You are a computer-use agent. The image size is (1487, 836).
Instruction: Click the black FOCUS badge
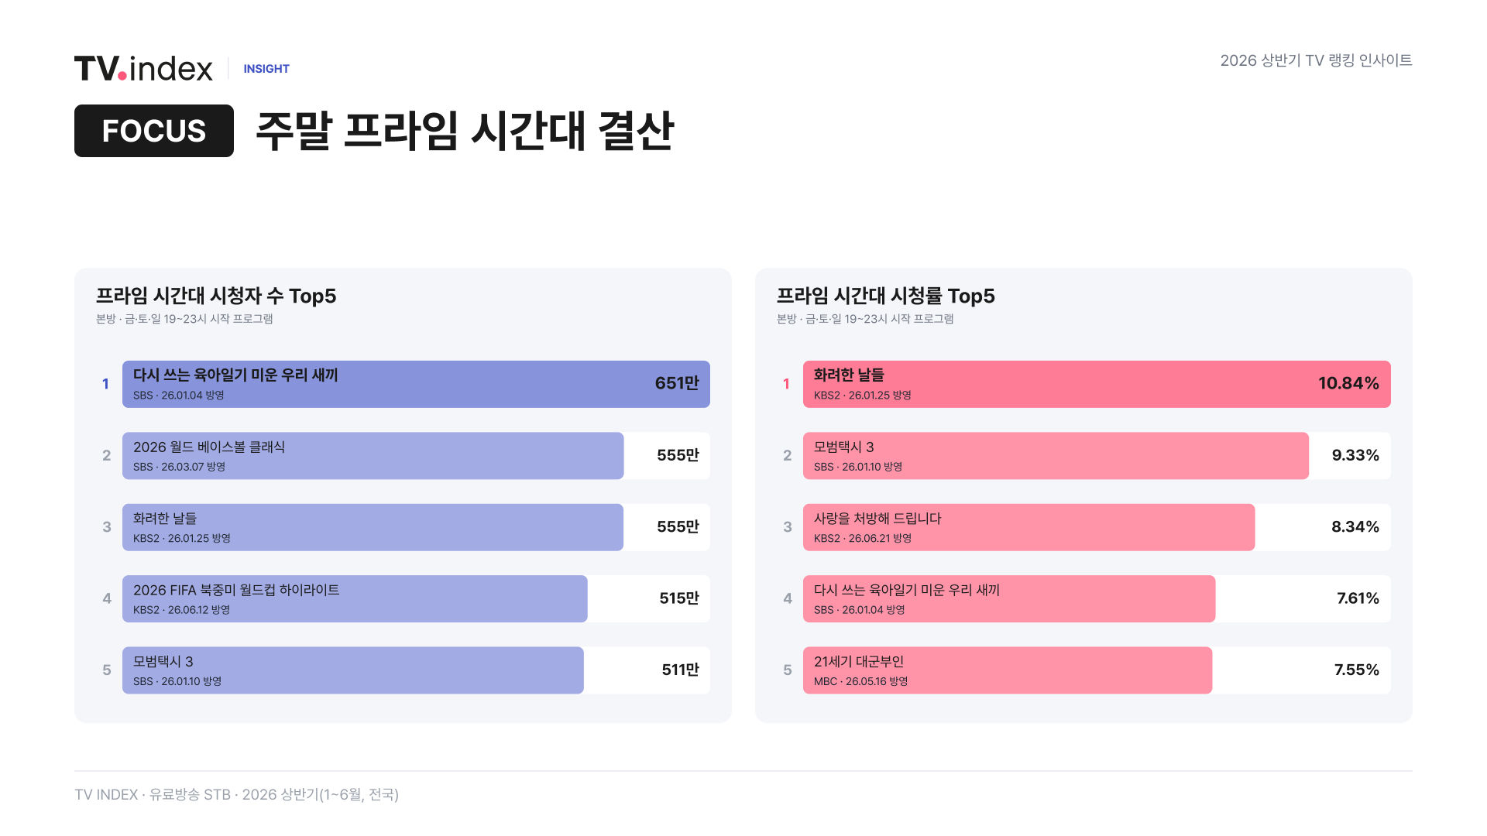154,131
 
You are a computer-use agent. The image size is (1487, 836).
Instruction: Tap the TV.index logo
143,68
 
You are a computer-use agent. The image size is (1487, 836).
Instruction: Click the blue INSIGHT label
266,69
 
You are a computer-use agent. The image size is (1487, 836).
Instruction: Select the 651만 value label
677,383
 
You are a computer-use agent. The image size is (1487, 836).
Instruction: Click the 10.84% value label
1348,383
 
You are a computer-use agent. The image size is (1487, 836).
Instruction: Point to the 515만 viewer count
679,598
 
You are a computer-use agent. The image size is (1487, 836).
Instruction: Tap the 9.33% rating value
1355,455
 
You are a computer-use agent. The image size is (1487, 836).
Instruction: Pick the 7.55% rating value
1356,670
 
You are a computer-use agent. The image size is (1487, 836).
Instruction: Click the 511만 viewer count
680,670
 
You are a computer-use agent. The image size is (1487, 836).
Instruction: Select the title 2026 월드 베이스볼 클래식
209,447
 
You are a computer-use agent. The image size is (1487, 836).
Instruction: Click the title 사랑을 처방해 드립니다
877,519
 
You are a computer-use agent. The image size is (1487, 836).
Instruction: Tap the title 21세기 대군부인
859,662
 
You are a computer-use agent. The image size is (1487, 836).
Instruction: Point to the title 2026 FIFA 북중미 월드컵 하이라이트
236,590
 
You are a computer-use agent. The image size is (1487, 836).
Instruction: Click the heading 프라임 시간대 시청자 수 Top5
216,296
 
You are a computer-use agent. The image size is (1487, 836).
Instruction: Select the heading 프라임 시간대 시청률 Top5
886,296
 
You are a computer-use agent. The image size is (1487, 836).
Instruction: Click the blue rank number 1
105,384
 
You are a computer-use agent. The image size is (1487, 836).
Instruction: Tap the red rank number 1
786,384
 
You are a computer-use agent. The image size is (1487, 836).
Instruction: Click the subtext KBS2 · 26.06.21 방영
863,539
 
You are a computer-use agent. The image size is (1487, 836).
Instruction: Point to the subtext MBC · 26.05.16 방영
860,682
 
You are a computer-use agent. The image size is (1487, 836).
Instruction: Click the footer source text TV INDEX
106,795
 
